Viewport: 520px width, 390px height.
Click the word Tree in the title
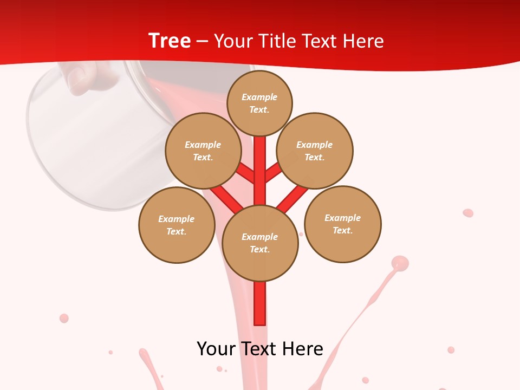169,41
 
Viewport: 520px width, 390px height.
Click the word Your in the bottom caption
216,348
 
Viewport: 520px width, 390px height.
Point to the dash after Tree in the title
202,42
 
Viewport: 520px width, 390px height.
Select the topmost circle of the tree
259,103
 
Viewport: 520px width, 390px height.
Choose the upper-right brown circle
315,151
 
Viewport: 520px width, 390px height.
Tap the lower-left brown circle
177,225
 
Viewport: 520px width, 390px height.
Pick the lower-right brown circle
343,224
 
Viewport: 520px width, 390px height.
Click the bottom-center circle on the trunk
260,243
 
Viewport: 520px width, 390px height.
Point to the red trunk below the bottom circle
260,303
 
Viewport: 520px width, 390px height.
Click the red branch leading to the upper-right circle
274,172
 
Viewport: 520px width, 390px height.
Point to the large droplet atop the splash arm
400,263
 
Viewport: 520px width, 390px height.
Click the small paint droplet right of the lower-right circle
468,213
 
